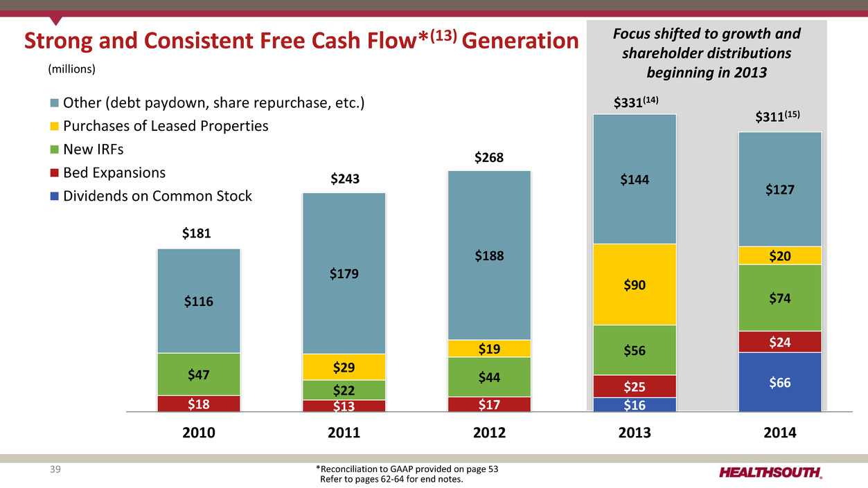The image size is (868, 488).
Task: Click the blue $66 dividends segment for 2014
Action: coord(780,382)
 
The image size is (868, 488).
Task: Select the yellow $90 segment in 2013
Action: coord(635,284)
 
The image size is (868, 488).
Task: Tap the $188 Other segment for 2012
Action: coord(489,255)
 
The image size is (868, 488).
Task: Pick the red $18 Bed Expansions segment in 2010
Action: coord(199,404)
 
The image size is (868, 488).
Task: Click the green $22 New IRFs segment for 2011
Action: coord(344,390)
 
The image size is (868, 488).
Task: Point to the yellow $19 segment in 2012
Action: coord(489,348)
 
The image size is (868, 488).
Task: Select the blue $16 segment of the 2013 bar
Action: coord(635,404)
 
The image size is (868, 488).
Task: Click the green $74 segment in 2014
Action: coord(780,298)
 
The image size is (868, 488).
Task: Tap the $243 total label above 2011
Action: coord(344,180)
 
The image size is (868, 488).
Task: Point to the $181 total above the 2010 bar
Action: coord(199,234)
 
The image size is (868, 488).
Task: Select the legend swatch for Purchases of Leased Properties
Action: coord(55,127)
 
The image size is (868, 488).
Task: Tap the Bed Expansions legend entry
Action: coord(114,172)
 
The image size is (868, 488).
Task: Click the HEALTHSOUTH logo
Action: coord(770,473)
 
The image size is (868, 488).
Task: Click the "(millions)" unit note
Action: coord(71,69)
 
